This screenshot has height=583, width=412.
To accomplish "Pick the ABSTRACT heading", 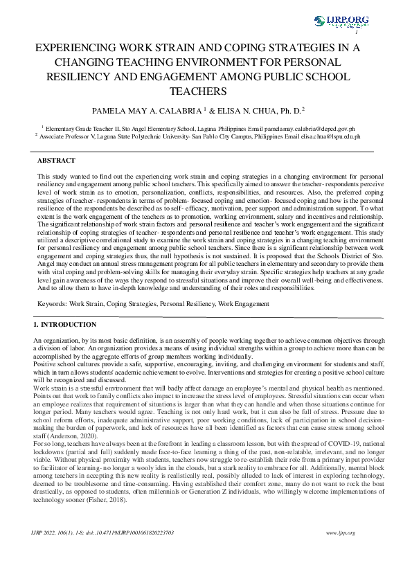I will coord(56,160).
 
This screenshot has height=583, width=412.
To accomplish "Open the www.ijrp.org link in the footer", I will coord(339,532).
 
